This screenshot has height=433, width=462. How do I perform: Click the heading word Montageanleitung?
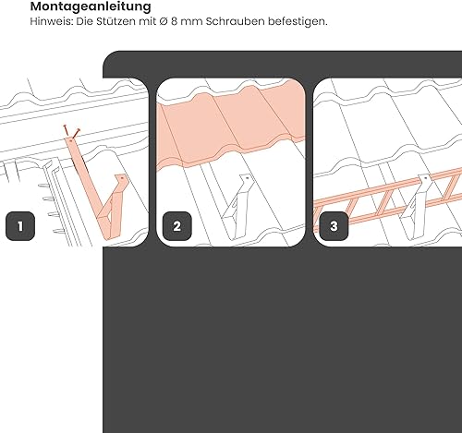click(91, 6)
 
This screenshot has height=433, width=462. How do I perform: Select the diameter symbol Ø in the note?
click(164, 21)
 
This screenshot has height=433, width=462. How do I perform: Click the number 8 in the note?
click(175, 21)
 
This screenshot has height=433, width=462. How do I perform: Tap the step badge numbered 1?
click(20, 226)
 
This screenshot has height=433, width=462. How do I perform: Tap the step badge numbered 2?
click(177, 226)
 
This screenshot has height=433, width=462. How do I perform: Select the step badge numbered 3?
click(334, 226)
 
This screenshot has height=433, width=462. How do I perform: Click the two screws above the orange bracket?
click(71, 131)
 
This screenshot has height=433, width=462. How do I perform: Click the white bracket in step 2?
click(237, 206)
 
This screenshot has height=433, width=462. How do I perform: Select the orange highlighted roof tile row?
click(231, 123)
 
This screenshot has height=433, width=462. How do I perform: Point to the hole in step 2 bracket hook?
click(247, 178)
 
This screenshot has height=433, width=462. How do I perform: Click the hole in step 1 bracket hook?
click(122, 178)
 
